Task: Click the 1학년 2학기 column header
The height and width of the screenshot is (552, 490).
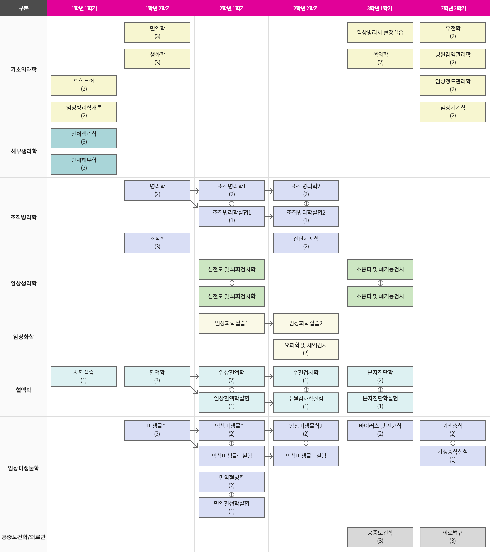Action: (158, 8)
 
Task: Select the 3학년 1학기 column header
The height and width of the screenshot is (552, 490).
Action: (379, 8)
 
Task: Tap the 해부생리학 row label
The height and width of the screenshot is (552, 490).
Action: (23, 151)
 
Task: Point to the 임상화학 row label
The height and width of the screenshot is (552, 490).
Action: (23, 337)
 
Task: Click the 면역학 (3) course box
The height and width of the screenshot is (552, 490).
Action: (157, 32)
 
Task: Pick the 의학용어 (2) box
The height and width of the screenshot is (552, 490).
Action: (84, 85)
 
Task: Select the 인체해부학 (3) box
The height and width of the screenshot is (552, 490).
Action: (84, 164)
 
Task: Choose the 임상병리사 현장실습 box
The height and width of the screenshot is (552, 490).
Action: (380, 32)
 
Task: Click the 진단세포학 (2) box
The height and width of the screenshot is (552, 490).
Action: (306, 243)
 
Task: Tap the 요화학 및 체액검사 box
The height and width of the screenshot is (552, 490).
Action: (306, 349)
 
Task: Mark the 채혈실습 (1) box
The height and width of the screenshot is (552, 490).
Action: (84, 377)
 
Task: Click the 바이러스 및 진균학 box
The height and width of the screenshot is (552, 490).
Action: (380, 430)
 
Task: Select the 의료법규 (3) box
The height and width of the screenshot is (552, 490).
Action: (453, 537)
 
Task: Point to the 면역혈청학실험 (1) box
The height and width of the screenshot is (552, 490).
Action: (232, 508)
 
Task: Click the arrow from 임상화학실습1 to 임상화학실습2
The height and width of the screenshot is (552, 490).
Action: (269, 324)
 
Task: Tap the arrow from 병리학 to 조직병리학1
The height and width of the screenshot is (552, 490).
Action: (194, 191)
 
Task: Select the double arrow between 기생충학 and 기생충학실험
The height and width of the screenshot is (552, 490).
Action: (453, 443)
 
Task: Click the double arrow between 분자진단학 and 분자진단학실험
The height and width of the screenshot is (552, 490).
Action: (380, 390)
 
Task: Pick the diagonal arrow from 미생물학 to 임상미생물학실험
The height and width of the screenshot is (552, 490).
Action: (194, 444)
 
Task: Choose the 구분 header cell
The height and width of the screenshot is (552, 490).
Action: (23, 8)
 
